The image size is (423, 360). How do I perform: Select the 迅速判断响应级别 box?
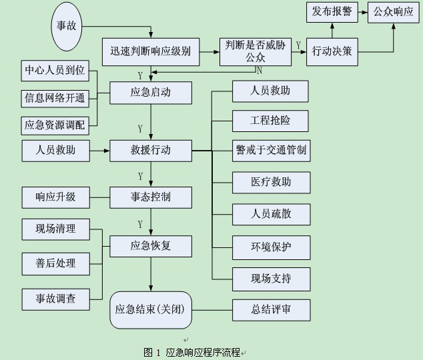pyautogui.click(x=151, y=51)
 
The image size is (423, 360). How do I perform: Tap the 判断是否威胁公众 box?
pyautogui.click(x=256, y=51)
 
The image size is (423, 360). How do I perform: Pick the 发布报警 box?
pyautogui.click(x=332, y=11)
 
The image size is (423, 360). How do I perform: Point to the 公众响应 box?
pyautogui.click(x=394, y=11)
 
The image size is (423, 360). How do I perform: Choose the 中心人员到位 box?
pyautogui.click(x=55, y=70)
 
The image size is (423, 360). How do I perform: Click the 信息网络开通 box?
pyautogui.click(x=55, y=98)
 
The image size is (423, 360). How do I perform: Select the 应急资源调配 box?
pyautogui.click(x=55, y=125)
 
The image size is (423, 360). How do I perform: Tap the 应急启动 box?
pyautogui.click(x=151, y=93)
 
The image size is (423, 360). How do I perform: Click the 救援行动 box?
pyautogui.click(x=151, y=151)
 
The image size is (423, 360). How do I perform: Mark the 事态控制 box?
pyautogui.click(x=151, y=197)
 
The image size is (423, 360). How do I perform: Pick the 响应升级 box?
pyautogui.click(x=55, y=197)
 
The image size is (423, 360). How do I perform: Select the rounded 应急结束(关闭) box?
pyautogui.click(x=151, y=309)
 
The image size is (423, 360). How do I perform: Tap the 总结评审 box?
pyautogui.click(x=271, y=309)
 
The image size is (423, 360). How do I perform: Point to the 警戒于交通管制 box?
pyautogui.click(x=271, y=151)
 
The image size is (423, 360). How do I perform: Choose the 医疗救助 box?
pyautogui.click(x=271, y=182)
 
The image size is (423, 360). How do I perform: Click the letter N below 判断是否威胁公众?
pyautogui.click(x=259, y=69)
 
